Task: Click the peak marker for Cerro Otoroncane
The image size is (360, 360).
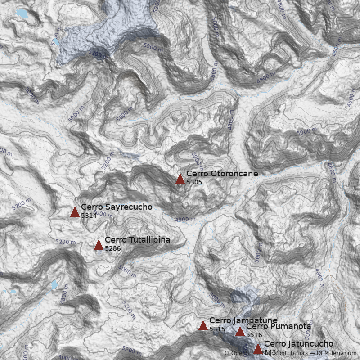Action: point(180,179)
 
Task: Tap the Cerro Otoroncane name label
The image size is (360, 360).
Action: point(222,174)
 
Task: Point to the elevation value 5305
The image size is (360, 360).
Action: point(194,183)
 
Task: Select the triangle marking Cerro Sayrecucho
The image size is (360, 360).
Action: point(75,212)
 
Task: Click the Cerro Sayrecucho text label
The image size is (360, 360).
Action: point(117,207)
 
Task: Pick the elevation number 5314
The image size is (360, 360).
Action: point(89,216)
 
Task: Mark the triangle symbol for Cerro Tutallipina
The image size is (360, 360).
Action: point(99,245)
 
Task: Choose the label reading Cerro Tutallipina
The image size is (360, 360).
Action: point(137,240)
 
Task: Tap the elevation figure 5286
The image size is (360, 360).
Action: point(112,248)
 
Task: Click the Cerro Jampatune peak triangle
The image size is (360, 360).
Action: point(203,326)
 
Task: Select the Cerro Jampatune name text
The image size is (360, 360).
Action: point(243,320)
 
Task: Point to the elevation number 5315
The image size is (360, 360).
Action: point(217,329)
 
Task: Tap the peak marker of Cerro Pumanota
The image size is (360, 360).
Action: point(240,332)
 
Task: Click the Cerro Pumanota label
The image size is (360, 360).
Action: point(279,326)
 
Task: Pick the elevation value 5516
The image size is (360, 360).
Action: point(254,335)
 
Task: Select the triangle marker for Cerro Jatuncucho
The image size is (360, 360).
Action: point(258,349)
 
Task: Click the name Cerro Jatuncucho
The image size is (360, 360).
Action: point(298,344)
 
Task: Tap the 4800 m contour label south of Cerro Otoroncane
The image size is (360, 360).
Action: point(185,220)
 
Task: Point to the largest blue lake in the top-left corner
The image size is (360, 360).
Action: point(21,13)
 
